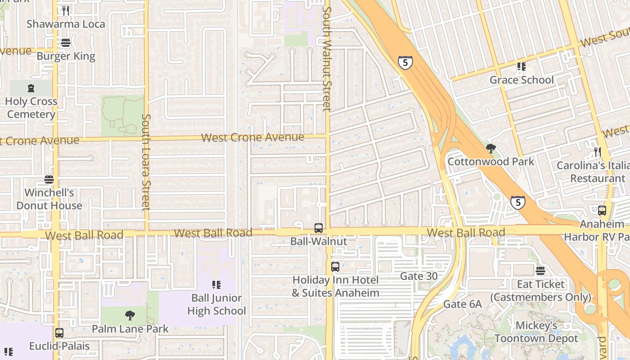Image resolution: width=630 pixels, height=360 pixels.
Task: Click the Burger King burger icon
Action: coord(66,43)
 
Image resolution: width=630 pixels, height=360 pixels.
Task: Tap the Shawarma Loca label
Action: coord(66,24)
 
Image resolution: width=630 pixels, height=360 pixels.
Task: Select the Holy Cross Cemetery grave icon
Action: coord(31,88)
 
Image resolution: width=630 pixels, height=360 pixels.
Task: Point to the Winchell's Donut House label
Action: coord(49,199)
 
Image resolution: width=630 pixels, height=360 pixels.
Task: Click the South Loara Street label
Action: coord(145,162)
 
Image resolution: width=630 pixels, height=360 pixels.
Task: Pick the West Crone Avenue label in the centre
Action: coord(252,137)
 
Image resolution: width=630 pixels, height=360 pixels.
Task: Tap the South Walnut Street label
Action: coord(327,58)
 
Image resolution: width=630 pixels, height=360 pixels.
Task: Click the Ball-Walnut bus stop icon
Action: coord(319,228)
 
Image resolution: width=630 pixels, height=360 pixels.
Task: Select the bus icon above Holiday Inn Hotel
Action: coord(335,267)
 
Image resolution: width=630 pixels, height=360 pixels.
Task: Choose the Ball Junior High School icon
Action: coord(216,285)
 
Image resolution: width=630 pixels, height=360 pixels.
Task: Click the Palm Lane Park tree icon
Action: coord(130,315)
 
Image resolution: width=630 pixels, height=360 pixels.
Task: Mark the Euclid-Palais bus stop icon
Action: coord(59,333)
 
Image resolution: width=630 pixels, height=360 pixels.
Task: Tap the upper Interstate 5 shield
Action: coord(405,63)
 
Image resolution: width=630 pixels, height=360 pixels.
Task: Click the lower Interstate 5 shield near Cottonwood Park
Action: coord(518,202)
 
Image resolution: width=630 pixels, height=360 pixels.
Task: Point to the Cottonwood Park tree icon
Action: coord(491,148)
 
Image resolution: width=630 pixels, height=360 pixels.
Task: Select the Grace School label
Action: coord(522,80)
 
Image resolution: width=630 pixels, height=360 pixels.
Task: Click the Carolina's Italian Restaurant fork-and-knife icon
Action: coord(598,152)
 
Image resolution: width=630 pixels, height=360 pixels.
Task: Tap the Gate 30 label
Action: coord(419,276)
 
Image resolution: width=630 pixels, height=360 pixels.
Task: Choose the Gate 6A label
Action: coord(463,304)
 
